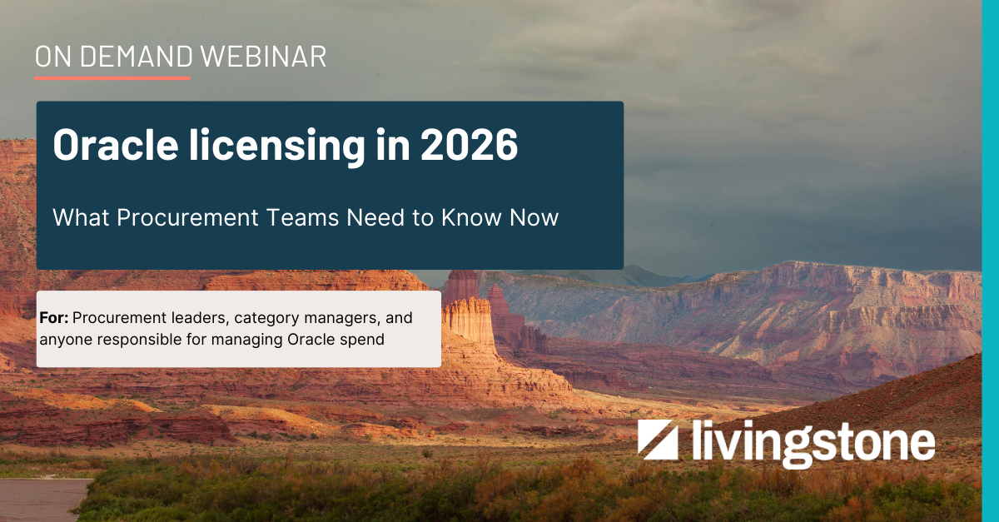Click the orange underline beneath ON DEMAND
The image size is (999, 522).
click(112, 78)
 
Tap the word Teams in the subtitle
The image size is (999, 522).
click(305, 218)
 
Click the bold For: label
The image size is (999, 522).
click(53, 318)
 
